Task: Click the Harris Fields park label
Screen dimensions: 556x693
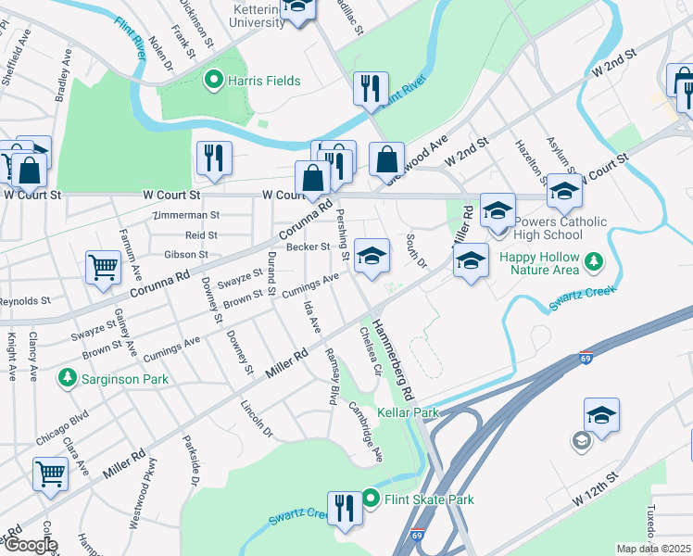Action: (264, 82)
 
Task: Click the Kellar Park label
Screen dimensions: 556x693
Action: (407, 411)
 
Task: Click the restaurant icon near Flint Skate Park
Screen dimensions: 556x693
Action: (345, 508)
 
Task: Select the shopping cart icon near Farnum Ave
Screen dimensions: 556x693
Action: (104, 268)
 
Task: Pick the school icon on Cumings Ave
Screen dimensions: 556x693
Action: (372, 256)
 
